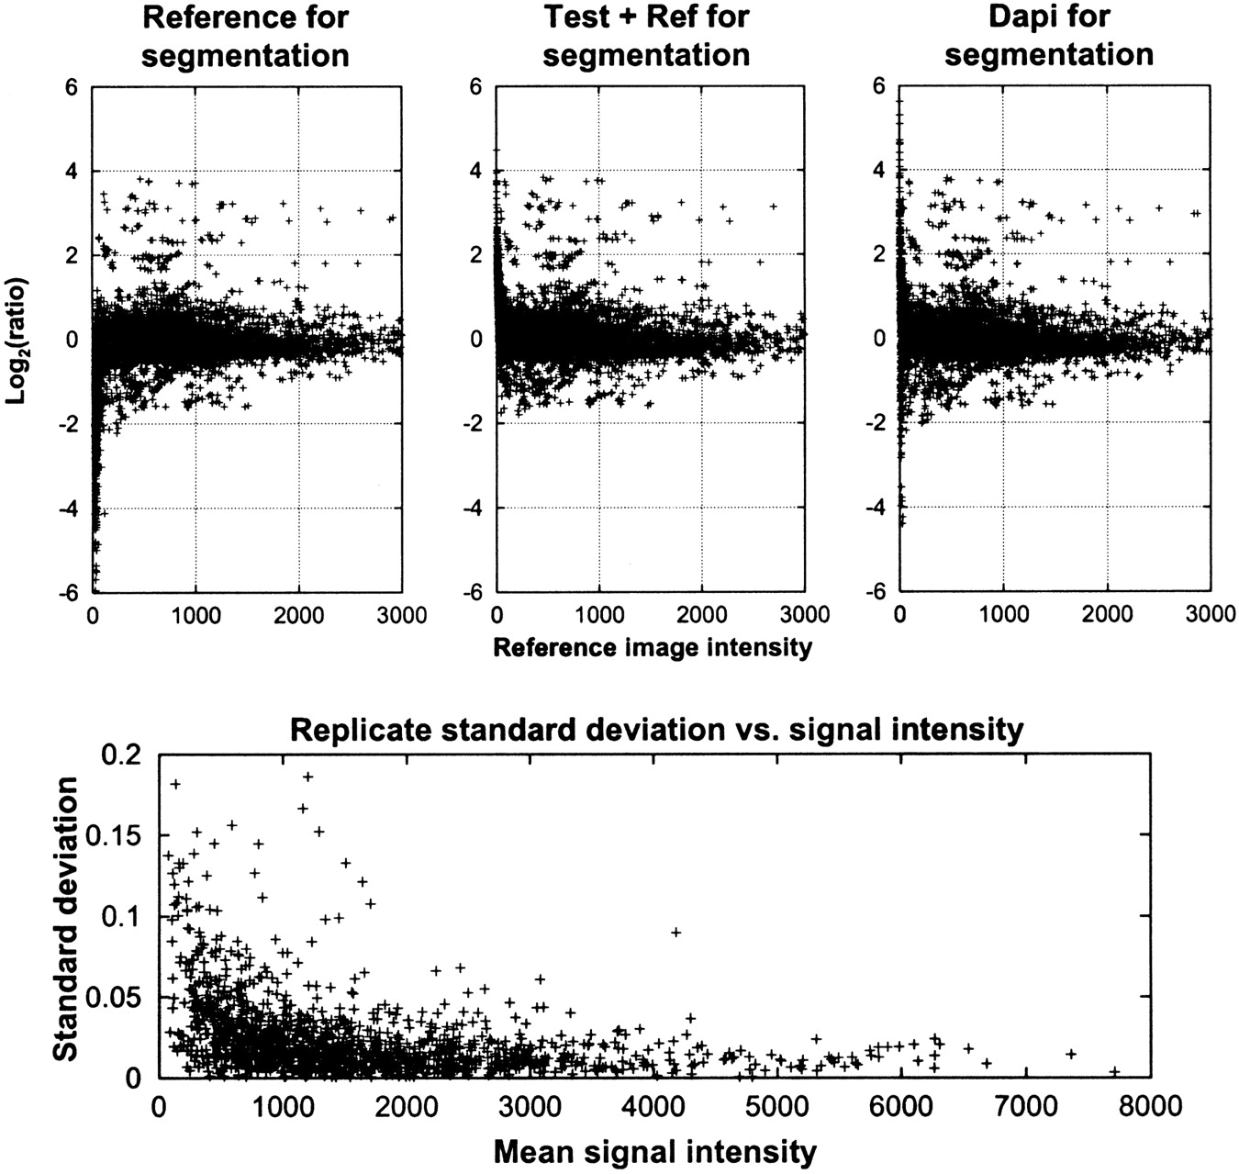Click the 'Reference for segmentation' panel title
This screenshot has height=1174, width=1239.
pos(248,36)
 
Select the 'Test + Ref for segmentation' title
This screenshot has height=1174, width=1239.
pos(646,36)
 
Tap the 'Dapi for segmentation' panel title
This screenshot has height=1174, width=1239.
pos(1049,36)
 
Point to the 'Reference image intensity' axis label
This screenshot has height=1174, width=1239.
pos(653,647)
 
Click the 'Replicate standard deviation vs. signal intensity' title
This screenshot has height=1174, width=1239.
pos(655,730)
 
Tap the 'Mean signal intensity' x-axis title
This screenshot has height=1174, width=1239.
pos(654,1150)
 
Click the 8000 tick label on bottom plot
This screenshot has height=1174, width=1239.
pos(1150,1106)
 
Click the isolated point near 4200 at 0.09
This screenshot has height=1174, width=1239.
pos(676,932)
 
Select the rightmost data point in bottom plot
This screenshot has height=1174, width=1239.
pos(1114,1071)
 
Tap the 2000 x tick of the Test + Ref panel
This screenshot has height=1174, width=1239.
pos(702,614)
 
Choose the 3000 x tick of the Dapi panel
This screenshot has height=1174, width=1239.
pos(1209,614)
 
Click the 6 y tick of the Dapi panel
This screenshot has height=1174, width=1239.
pos(878,86)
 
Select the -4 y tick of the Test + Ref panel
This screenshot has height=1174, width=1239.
pos(475,509)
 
